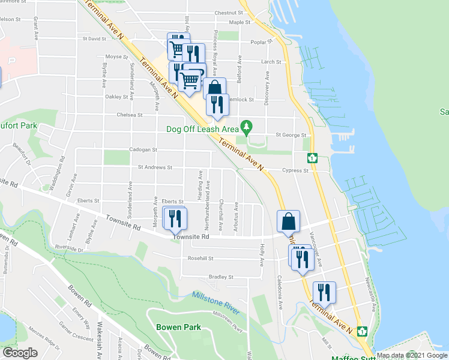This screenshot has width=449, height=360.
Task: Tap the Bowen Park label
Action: [x=178, y=328]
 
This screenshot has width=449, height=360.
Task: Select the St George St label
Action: [x=291, y=136]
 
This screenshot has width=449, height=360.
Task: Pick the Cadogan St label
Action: [x=142, y=150]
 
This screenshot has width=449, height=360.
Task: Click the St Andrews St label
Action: [x=155, y=168]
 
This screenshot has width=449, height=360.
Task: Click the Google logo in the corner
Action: [x=20, y=352]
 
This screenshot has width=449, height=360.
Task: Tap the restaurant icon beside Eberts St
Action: [x=175, y=218]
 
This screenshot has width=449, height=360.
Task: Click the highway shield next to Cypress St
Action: [x=312, y=158]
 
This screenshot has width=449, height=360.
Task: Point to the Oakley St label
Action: [x=117, y=97]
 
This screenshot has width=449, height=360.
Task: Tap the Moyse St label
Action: [x=117, y=57]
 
